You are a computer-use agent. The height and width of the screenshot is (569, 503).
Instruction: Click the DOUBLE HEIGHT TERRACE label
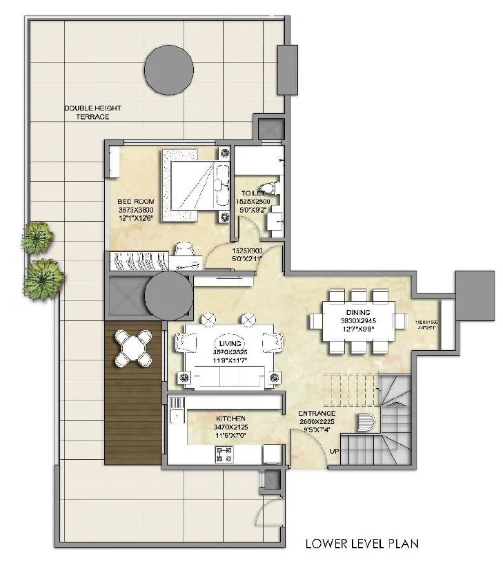[87, 113]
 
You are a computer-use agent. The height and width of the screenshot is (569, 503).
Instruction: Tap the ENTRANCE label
[317, 413]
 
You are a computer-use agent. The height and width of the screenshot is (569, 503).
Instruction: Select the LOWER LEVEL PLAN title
[362, 543]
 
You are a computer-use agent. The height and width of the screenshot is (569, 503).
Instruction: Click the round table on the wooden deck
[132, 347]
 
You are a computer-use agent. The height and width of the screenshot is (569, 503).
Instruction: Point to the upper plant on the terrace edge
[37, 238]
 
